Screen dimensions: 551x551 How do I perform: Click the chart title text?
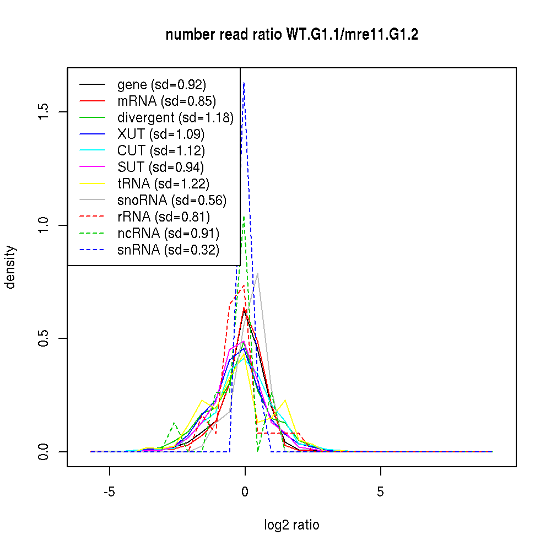point(291,35)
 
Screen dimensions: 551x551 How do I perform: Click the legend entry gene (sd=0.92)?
point(161,85)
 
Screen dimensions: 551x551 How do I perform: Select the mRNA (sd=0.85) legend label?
point(166,101)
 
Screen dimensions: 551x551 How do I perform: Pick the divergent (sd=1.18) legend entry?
point(175,118)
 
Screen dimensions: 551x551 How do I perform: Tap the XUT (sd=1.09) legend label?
point(161,134)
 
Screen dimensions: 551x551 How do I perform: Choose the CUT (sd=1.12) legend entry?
point(161,151)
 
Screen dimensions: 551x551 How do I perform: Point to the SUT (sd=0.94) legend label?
point(161,168)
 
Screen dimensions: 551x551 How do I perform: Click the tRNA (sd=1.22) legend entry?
point(163,184)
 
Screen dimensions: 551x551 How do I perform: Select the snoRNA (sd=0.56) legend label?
point(172,201)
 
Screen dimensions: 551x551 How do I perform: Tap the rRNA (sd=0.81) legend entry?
point(164,217)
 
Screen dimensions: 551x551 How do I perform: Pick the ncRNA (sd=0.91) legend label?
point(168,234)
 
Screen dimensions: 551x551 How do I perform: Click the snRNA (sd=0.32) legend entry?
point(168,250)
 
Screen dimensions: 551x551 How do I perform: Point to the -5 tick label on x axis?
point(109,491)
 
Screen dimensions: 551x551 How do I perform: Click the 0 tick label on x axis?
point(245,491)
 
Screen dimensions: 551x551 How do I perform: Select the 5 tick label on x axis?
point(381,491)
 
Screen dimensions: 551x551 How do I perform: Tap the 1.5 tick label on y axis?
point(44,112)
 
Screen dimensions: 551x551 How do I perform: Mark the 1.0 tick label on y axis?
point(44,225)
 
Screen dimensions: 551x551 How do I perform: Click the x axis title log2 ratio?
point(291,525)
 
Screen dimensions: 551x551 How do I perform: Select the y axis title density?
point(10,267)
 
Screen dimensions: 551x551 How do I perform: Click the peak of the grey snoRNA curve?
point(257,273)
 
